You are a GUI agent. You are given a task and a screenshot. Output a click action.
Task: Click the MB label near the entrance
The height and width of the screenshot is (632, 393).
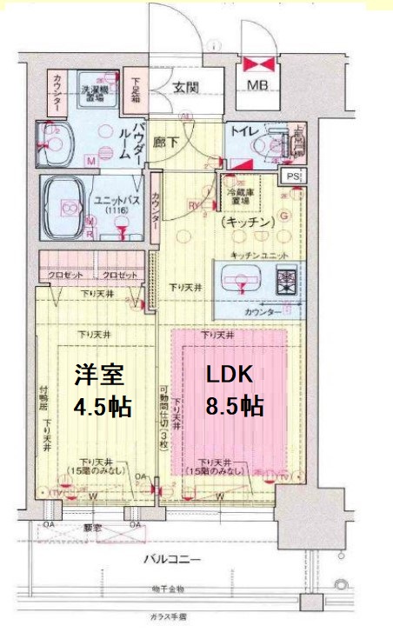point(258,85)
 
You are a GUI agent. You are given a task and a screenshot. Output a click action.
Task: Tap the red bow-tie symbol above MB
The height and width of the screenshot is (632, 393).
point(258,64)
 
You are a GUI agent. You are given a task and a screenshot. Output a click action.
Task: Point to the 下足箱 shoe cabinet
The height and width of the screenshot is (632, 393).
point(136,91)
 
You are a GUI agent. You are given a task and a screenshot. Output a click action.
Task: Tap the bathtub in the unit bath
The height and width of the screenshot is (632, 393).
point(63,207)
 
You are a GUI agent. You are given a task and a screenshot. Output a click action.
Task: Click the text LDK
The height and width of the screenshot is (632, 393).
point(229,374)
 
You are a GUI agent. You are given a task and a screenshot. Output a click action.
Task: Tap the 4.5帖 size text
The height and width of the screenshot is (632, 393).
point(103,406)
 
